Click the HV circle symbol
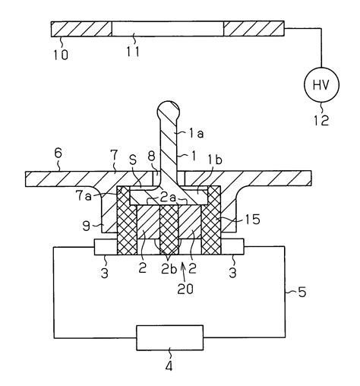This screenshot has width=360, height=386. coord(321,85)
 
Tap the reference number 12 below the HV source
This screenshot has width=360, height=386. coord(321,120)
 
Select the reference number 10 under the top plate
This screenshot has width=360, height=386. coord(61,55)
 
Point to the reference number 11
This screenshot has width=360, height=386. coord(133,52)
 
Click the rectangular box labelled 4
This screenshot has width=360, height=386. coord(170,337)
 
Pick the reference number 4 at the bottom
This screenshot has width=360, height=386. coord(169,366)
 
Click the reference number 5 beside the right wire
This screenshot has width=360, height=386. coord(302,292)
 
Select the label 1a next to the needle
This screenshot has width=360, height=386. coord(197,134)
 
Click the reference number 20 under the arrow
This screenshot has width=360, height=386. coord(185,289)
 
